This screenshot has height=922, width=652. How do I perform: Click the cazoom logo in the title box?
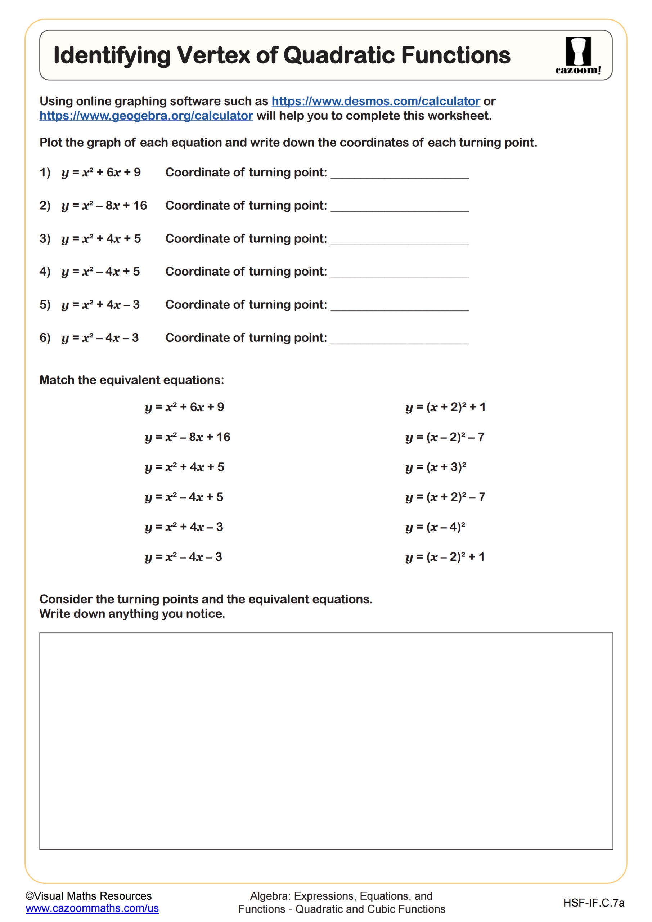pyautogui.click(x=578, y=55)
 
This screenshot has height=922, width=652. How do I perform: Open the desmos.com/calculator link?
pyautogui.click(x=376, y=101)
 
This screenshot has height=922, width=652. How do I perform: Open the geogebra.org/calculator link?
pyautogui.click(x=146, y=116)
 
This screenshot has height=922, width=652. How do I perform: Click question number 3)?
pyautogui.click(x=45, y=238)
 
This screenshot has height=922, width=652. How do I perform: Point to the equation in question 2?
pyautogui.click(x=104, y=206)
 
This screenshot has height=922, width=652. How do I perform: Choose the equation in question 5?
pyautogui.click(x=100, y=305)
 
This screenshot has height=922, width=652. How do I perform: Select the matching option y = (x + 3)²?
pyautogui.click(x=436, y=467)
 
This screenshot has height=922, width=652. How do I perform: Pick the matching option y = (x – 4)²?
pyautogui.click(x=435, y=527)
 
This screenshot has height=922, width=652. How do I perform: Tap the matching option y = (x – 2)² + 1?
pyautogui.click(x=445, y=557)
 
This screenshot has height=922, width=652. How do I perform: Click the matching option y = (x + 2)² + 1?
pyautogui.click(x=445, y=407)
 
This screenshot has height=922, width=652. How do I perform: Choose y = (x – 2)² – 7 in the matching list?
pyautogui.click(x=445, y=437)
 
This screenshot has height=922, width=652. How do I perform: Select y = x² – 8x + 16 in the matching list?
pyautogui.click(x=188, y=437)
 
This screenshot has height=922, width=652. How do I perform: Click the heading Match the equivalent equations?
pyautogui.click(x=132, y=380)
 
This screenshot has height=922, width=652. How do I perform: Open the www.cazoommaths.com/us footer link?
pyautogui.click(x=92, y=908)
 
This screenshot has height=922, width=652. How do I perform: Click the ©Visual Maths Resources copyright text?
pyautogui.click(x=89, y=896)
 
